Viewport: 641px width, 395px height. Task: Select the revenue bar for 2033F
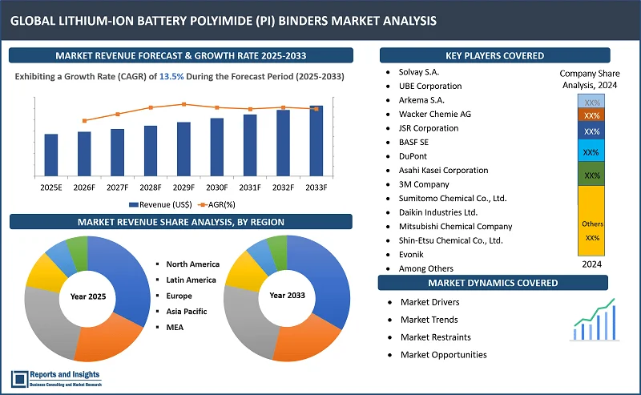[316, 141]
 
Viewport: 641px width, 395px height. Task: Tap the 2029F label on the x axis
[183, 187]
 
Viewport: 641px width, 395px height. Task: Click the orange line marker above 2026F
[84, 121]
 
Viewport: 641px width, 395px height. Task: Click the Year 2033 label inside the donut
[286, 296]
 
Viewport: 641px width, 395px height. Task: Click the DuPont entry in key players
[414, 156]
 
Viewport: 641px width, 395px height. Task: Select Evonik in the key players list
[413, 254]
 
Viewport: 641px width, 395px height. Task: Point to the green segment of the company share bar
[592, 175]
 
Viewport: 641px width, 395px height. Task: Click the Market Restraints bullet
[435, 337]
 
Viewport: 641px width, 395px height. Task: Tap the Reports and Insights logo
[55, 380]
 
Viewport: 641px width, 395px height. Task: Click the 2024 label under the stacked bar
[592, 264]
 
